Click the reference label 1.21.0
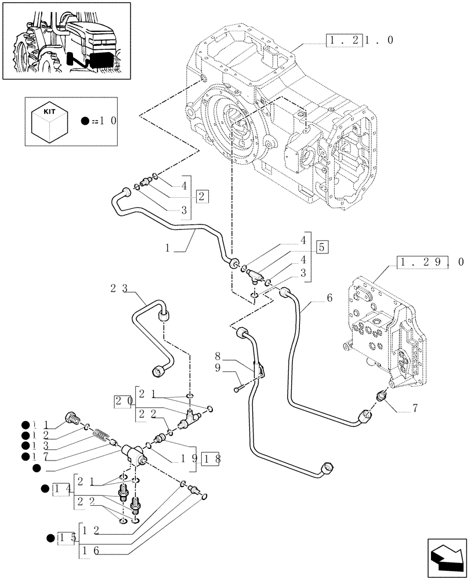(360, 41)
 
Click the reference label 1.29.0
(432, 262)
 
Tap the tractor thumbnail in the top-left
(66, 41)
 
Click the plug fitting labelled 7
(383, 397)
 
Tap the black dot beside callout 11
(26, 424)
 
